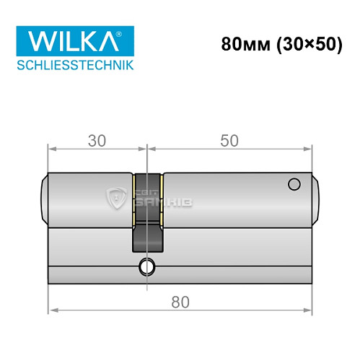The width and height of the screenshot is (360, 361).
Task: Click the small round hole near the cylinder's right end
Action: tap(293, 185)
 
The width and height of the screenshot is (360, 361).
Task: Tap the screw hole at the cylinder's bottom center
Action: tap(147, 266)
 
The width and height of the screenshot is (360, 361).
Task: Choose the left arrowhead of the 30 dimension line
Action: tap(51, 150)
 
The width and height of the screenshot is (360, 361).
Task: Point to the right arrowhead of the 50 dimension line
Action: tap(312, 150)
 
